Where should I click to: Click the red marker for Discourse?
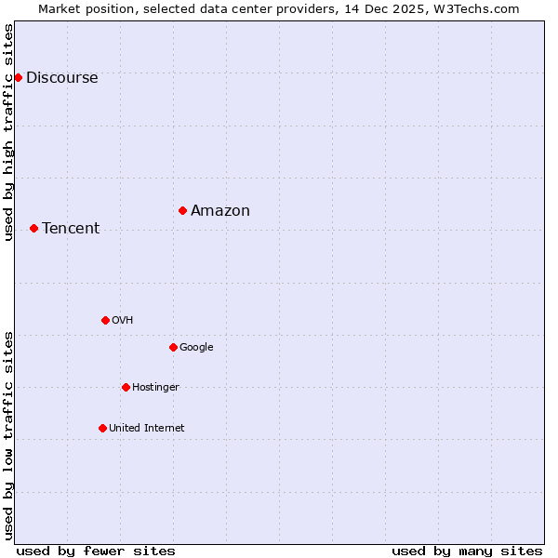pos(18,77)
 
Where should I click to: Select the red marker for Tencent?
pos(33,228)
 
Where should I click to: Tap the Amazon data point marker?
pos(182,210)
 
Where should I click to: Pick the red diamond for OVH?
pos(105,320)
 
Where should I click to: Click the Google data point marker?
pos(173,347)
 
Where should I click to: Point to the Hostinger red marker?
pos(126,387)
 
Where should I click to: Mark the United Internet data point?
pos(102,428)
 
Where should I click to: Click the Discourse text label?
pos(61,78)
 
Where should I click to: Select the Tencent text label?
pos(71,229)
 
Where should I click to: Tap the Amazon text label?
pos(220,211)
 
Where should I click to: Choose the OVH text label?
pos(123,321)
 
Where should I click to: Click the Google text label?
pos(196,348)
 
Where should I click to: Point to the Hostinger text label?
pos(155,388)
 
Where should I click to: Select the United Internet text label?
pos(147,429)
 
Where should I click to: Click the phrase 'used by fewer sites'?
pos(96,551)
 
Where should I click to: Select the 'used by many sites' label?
pos(467,551)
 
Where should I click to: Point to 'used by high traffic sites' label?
pos(9,132)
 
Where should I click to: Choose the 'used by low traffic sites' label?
pos(9,435)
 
